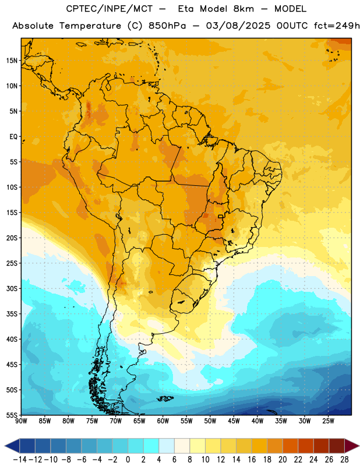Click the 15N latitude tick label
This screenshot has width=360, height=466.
tap(12, 61)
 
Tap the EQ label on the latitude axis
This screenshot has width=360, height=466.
tap(13, 137)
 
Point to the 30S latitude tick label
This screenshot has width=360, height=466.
tap(12, 288)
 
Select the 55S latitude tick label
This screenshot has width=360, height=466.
tap(12, 415)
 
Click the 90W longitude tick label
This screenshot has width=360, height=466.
tap(21, 421)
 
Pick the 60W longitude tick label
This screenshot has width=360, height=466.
tap(163, 421)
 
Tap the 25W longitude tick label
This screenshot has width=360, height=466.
tap(328, 421)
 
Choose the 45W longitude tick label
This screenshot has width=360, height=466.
tap(234, 421)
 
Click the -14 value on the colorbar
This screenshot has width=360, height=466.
tap(20, 460)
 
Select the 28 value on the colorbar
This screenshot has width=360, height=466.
tap(344, 460)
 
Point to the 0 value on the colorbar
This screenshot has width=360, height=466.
tap(128, 460)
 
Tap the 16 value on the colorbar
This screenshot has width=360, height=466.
tap(252, 460)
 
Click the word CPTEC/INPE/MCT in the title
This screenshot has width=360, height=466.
tap(110, 9)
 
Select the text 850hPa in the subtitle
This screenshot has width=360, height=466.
tap(167, 26)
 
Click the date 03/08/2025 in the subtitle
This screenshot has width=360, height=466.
tap(238, 26)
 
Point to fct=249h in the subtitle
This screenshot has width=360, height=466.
tap(337, 26)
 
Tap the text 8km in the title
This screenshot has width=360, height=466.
tap(243, 9)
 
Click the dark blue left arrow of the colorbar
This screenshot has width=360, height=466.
tap(12, 446)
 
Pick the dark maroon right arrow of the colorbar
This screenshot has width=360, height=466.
tap(352, 446)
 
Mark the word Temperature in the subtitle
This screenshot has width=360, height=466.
tap(90, 26)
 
